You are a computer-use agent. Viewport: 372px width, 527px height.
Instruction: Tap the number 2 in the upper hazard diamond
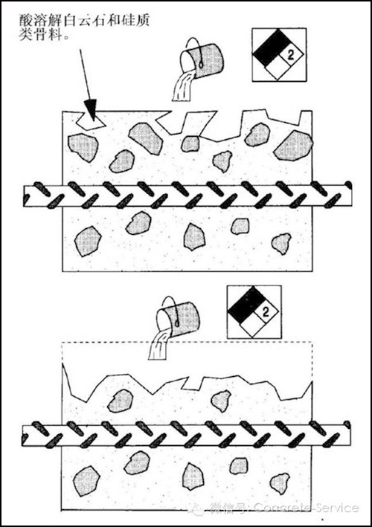click(291, 55)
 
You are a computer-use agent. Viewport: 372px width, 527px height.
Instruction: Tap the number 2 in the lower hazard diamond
click(266, 312)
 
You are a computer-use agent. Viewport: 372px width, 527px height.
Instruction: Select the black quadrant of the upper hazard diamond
click(272, 48)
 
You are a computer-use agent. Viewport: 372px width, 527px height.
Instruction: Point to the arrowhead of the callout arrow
click(91, 110)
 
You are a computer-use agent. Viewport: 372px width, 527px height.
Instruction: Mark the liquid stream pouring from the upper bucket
click(183, 86)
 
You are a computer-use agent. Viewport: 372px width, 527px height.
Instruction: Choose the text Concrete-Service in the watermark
click(306, 508)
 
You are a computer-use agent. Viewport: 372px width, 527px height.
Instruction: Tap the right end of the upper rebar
click(352, 195)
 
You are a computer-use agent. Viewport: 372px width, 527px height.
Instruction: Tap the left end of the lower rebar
click(23, 436)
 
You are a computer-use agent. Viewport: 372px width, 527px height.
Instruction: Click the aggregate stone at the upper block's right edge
click(293, 145)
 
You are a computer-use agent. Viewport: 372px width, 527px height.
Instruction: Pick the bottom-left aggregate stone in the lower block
click(87, 481)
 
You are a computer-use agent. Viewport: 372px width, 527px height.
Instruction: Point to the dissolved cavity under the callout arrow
click(91, 120)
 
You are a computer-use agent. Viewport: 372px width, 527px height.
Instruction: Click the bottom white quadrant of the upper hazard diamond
click(278, 72)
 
